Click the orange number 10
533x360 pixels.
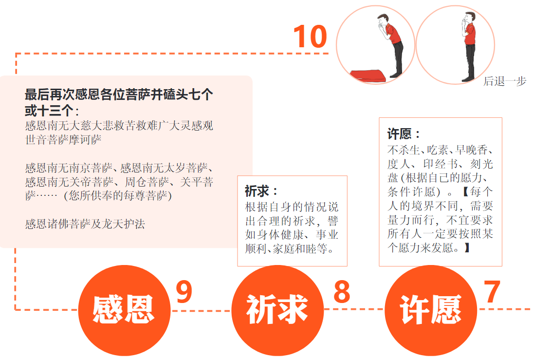click(310, 37)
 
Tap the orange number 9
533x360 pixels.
click(184, 291)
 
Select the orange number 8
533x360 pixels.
click(342, 291)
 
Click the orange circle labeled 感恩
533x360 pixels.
click(124, 310)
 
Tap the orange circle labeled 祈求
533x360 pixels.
click(277, 310)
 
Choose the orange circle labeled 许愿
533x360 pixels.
click(431, 310)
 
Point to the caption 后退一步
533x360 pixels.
click(505, 81)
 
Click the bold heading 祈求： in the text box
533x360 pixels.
click(261, 191)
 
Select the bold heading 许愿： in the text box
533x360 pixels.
click(404, 134)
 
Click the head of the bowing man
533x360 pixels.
click(383, 20)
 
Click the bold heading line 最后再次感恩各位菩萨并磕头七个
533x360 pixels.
click(119, 95)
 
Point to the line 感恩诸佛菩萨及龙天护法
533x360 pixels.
click(85, 224)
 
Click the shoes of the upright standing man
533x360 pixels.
click(468, 79)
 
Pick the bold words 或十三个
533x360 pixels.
click(49, 111)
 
